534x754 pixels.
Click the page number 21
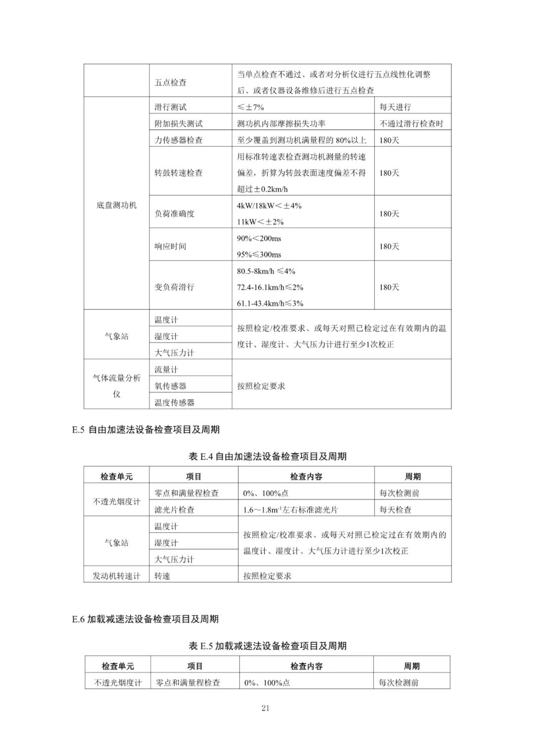[265, 708]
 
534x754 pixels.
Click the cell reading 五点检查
[171, 83]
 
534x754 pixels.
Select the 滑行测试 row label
[171, 107]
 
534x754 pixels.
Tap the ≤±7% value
[251, 107]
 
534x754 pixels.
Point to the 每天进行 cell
[395, 107]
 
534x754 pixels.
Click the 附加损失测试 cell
[178, 124]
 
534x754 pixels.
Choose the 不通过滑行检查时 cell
[411, 124]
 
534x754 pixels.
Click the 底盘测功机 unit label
[116, 205]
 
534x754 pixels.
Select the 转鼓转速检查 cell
[178, 173]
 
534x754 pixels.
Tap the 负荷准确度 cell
[175, 213]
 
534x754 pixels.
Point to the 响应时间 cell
[171, 246]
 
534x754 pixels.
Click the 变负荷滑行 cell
[175, 287]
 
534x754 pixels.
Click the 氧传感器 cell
[171, 386]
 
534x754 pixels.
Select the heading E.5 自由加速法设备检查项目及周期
[145, 430]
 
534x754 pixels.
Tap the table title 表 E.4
[267, 457]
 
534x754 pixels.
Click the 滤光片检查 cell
[175, 509]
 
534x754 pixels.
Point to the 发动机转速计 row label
[116, 576]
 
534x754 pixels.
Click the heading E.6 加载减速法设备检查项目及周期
[145, 619]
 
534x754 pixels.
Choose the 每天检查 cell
[396, 509]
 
